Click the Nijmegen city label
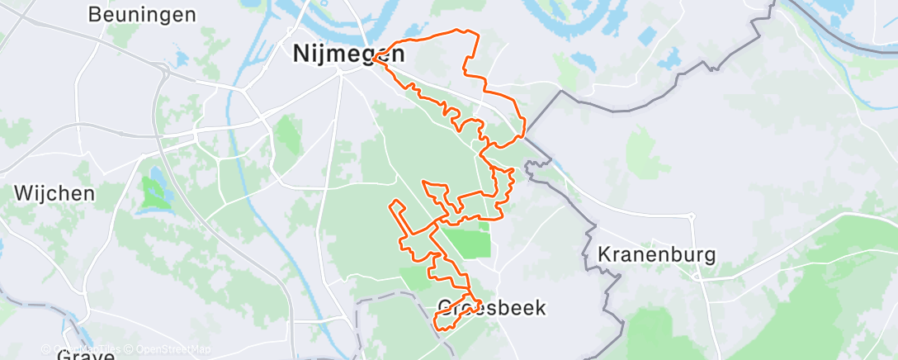(349, 54)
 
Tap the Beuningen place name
(141, 14)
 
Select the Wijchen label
(54, 193)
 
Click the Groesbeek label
(490, 308)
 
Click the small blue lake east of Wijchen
(153, 192)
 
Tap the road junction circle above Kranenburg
(692, 217)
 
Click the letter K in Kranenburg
(603, 253)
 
